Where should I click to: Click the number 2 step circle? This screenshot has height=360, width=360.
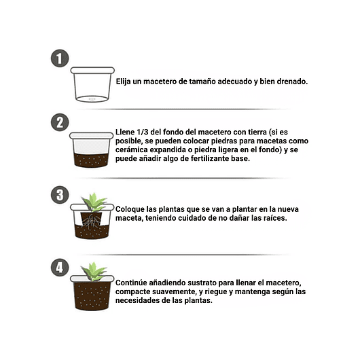(x=60, y=122)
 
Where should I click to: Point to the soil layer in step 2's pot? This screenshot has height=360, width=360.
(x=92, y=159)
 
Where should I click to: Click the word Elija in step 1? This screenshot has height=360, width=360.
(x=126, y=81)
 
